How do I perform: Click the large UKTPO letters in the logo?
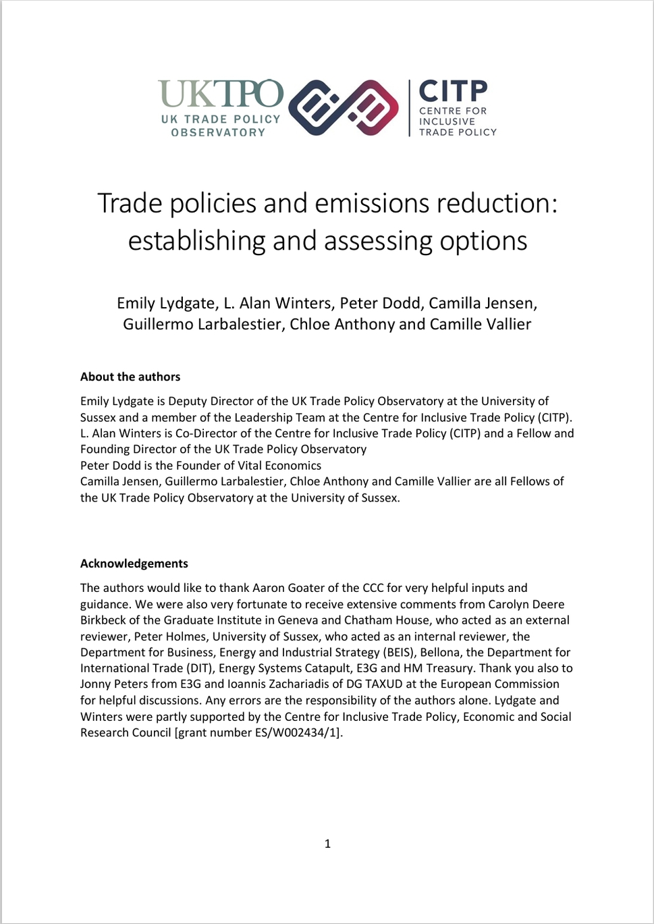tap(221, 94)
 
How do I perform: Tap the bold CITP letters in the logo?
tap(453, 91)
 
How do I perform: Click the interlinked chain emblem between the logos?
tap(344, 107)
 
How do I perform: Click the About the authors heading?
tap(130, 377)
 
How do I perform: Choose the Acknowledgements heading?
tap(134, 564)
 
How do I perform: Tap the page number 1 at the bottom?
tap(327, 844)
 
